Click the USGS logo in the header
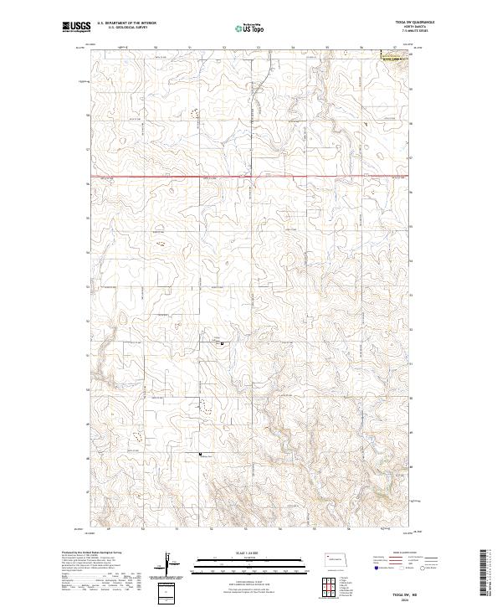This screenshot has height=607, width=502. click(x=75, y=27)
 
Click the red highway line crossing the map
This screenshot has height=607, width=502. click(x=251, y=177)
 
